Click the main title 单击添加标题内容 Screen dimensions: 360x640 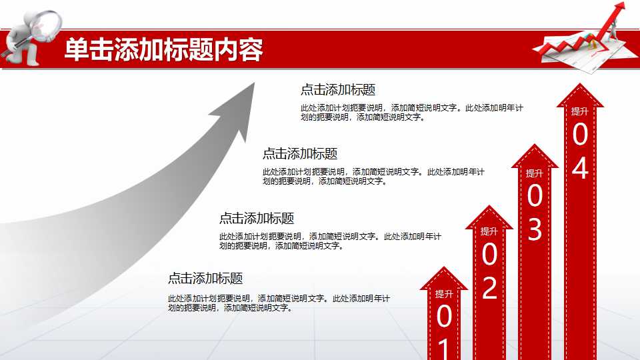click(163, 50)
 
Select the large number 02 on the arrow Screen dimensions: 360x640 click(489, 271)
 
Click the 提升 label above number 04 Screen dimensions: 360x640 click(580, 111)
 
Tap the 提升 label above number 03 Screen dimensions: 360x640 click(535, 173)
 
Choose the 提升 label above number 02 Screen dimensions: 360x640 click(489, 231)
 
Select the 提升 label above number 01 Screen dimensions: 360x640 click(444, 293)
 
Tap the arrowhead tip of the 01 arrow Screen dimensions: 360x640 click(444, 269)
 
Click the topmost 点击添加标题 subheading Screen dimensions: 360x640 click(338, 90)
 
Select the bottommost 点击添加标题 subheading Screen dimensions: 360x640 click(205, 279)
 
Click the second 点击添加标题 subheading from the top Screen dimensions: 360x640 click(300, 153)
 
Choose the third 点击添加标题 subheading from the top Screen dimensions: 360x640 click(257, 218)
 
